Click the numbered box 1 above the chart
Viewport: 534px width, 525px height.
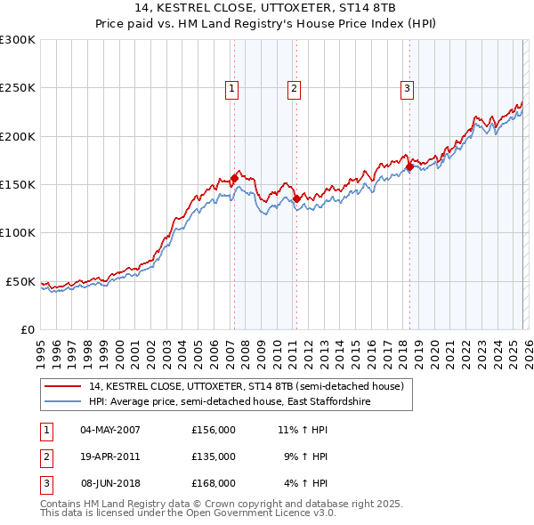(x=231, y=88)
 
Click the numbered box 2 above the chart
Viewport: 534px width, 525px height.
(x=293, y=88)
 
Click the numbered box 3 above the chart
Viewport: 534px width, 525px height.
(x=406, y=88)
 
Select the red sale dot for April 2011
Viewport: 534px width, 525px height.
(x=296, y=198)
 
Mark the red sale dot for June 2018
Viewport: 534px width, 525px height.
(x=409, y=166)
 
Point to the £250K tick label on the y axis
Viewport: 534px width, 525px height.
(x=17, y=88)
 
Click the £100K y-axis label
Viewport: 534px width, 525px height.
(x=17, y=233)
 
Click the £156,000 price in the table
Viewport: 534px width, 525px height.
(x=214, y=430)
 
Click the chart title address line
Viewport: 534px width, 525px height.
(x=267, y=9)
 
